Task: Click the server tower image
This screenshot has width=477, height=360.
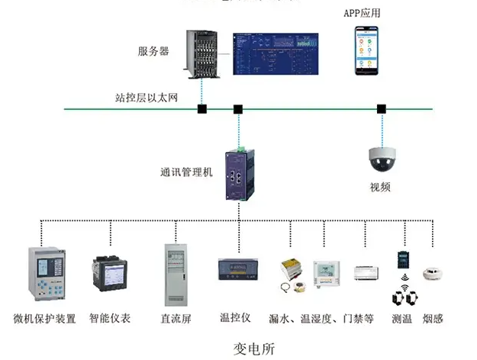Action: [205, 53]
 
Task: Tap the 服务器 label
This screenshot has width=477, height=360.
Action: [153, 52]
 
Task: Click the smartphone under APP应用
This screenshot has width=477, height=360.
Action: [366, 50]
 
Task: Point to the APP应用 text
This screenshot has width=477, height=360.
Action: [361, 14]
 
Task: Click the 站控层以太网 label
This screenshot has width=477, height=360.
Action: [146, 98]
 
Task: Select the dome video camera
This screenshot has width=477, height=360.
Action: [385, 157]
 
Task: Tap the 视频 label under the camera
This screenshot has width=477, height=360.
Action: [380, 187]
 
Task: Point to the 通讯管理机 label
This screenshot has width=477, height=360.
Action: [186, 172]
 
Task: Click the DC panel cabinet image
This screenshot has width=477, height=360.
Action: [175, 275]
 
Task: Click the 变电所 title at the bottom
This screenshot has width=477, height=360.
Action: [253, 349]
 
